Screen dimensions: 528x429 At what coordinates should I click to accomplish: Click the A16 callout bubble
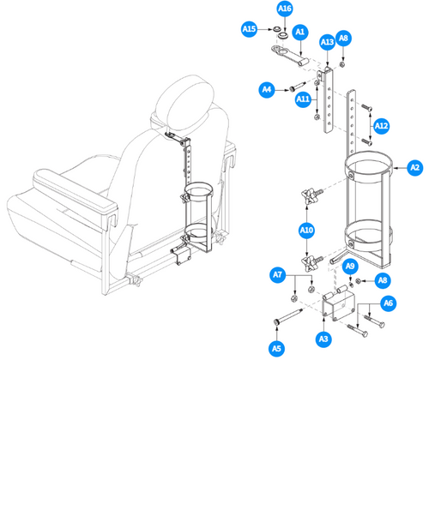(285, 9)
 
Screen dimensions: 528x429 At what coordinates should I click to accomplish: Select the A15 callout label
(249, 29)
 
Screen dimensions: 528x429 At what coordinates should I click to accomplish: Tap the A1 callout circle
(299, 32)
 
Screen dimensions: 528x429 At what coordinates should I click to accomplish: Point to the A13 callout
(327, 42)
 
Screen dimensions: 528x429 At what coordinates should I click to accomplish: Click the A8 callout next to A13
(344, 39)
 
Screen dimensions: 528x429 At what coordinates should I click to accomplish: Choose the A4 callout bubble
(267, 89)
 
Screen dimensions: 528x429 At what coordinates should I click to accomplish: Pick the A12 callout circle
(382, 126)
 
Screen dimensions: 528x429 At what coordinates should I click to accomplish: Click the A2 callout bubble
(415, 167)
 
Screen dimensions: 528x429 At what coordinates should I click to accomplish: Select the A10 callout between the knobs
(306, 230)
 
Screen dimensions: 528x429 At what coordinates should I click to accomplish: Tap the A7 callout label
(277, 275)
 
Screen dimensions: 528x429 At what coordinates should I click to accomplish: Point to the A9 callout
(350, 266)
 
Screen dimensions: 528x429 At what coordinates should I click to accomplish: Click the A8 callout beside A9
(382, 279)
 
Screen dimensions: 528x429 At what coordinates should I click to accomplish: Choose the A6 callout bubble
(388, 303)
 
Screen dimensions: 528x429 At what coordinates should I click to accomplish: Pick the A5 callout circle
(276, 348)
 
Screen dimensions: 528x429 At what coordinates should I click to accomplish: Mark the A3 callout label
(323, 339)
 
